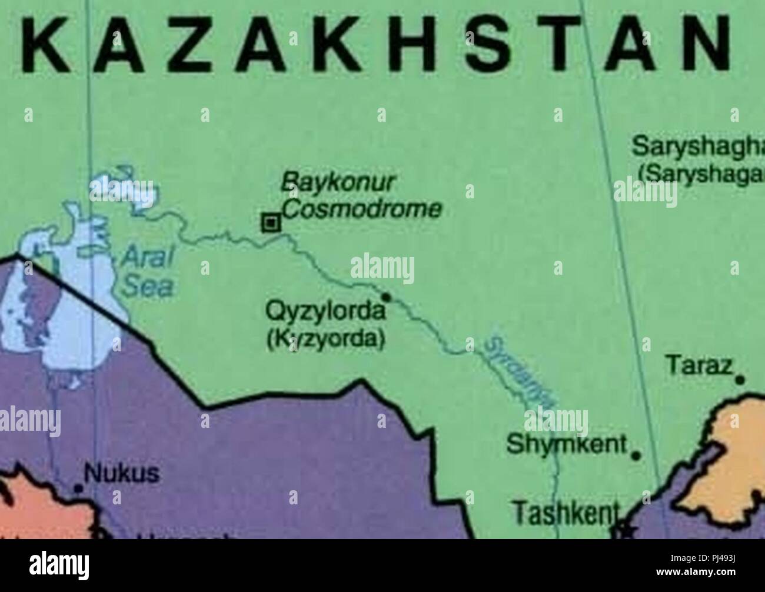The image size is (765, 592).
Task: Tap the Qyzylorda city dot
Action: pyautogui.click(x=387, y=296)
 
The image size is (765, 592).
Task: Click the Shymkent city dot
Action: pyautogui.click(x=636, y=455)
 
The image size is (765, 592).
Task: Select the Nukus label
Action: pyautogui.click(x=122, y=473)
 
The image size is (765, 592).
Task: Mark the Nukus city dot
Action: pyautogui.click(x=77, y=488)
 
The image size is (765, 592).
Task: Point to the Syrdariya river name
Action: pyautogui.click(x=517, y=373)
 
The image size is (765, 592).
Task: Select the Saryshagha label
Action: pyautogui.click(x=697, y=145)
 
